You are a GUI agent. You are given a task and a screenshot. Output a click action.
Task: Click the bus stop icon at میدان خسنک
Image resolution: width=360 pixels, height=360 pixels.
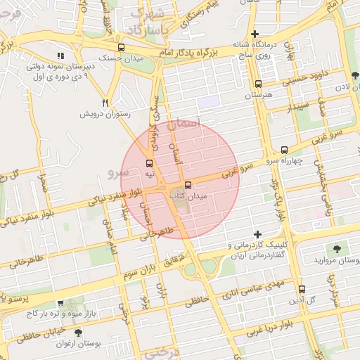point(121,48)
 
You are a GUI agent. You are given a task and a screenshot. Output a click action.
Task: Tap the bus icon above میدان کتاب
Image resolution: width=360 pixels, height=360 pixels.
point(177,186)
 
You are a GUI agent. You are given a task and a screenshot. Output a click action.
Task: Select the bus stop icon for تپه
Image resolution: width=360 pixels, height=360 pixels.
point(147,163)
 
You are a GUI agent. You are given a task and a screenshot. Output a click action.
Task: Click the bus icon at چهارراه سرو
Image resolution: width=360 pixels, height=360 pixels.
point(284,149)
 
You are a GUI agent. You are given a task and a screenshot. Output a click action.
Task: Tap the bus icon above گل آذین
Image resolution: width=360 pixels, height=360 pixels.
point(302,289)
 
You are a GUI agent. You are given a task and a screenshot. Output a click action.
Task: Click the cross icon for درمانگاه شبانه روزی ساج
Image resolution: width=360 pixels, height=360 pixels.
point(255,34)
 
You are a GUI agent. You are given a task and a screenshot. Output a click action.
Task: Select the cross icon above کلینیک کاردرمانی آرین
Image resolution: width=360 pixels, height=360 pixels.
point(257,234)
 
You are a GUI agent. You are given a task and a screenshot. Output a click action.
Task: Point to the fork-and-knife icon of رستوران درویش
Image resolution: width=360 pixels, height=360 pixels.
point(105,102)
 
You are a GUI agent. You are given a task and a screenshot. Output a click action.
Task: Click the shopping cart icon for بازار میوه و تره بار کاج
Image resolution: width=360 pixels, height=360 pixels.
point(61,302)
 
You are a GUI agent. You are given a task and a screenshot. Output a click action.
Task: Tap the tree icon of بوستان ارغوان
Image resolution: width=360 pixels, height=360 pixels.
point(78,332)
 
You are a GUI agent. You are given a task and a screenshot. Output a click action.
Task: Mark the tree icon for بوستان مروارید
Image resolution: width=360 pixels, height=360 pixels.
point(337,249)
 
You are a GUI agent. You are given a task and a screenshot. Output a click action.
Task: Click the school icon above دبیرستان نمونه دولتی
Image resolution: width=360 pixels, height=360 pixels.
point(61,56)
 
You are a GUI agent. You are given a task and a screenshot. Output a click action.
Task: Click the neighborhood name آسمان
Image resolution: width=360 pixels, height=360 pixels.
point(205,122)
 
